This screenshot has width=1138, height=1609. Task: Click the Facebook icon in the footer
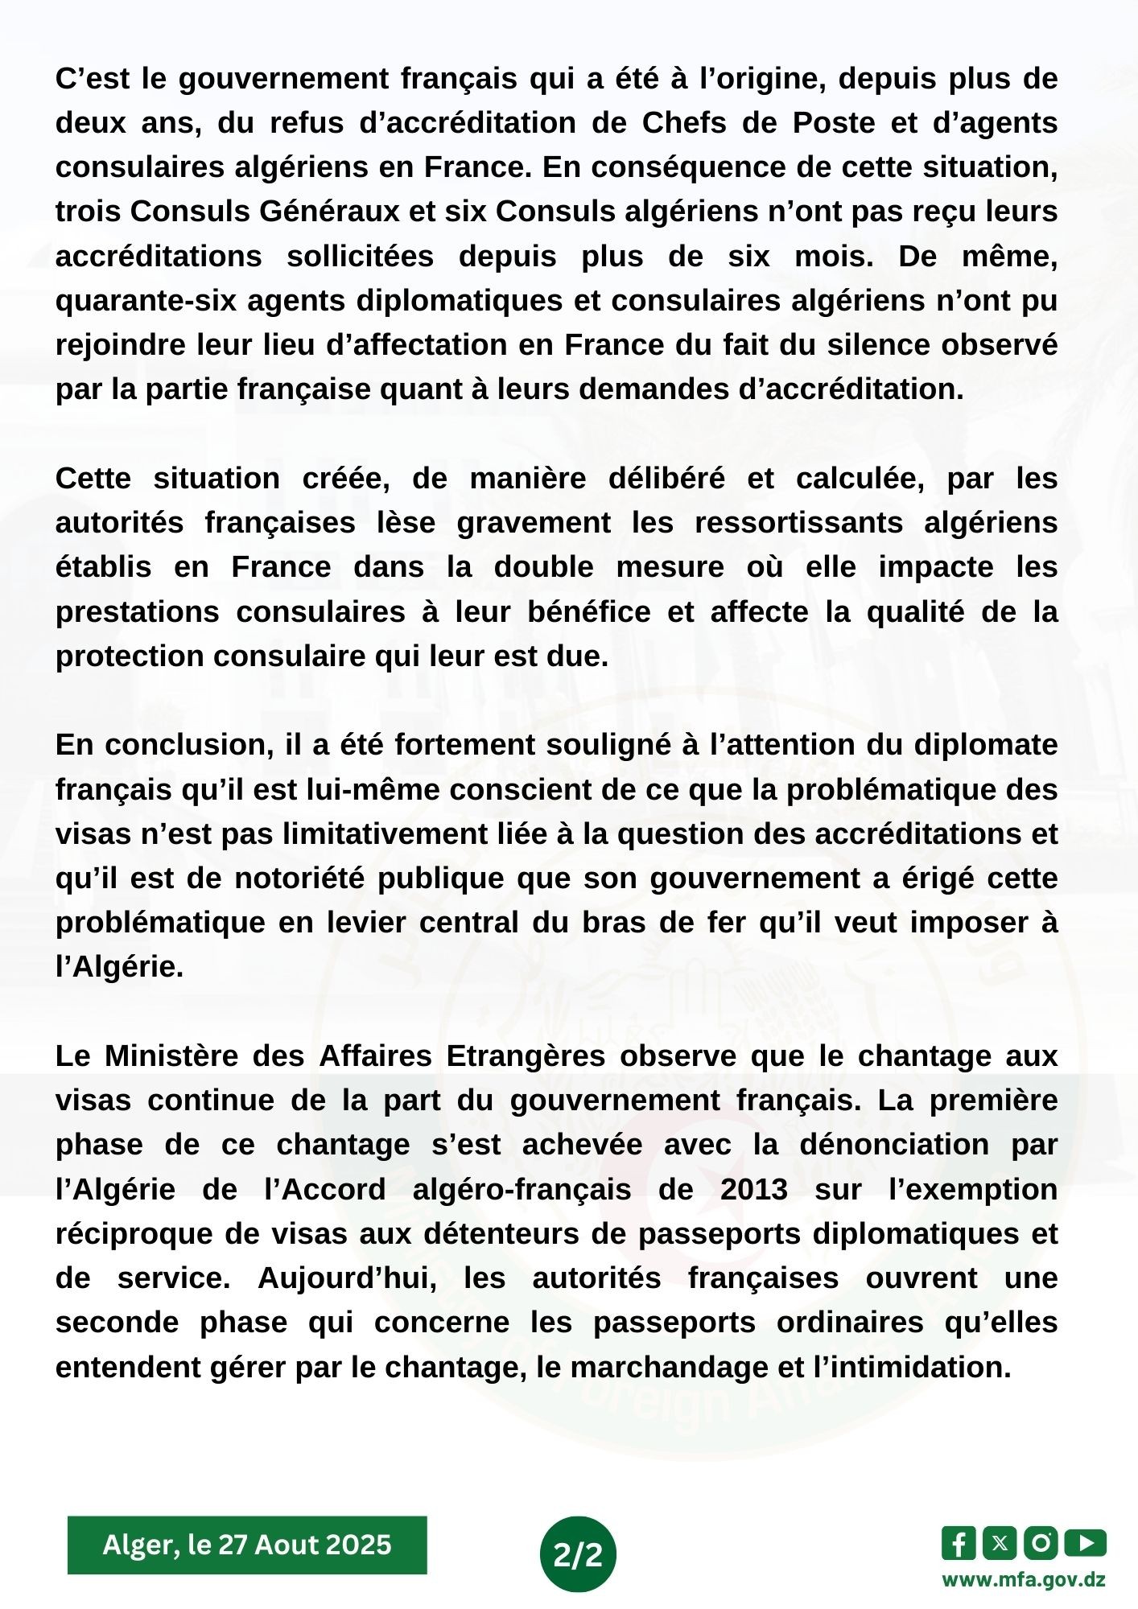(x=959, y=1543)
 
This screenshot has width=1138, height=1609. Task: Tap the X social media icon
(x=1000, y=1543)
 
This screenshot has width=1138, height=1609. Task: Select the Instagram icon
(x=1041, y=1543)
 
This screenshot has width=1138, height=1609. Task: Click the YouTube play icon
(x=1085, y=1543)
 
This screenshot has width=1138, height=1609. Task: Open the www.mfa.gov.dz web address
(x=1024, y=1579)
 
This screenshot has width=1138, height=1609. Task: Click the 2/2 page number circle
(x=578, y=1554)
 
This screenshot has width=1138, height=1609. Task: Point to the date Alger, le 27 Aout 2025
(x=247, y=1545)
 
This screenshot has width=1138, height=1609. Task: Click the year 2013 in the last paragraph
(x=754, y=1189)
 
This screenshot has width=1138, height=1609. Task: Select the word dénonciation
(x=894, y=1145)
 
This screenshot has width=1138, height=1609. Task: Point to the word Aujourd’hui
(x=348, y=1278)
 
